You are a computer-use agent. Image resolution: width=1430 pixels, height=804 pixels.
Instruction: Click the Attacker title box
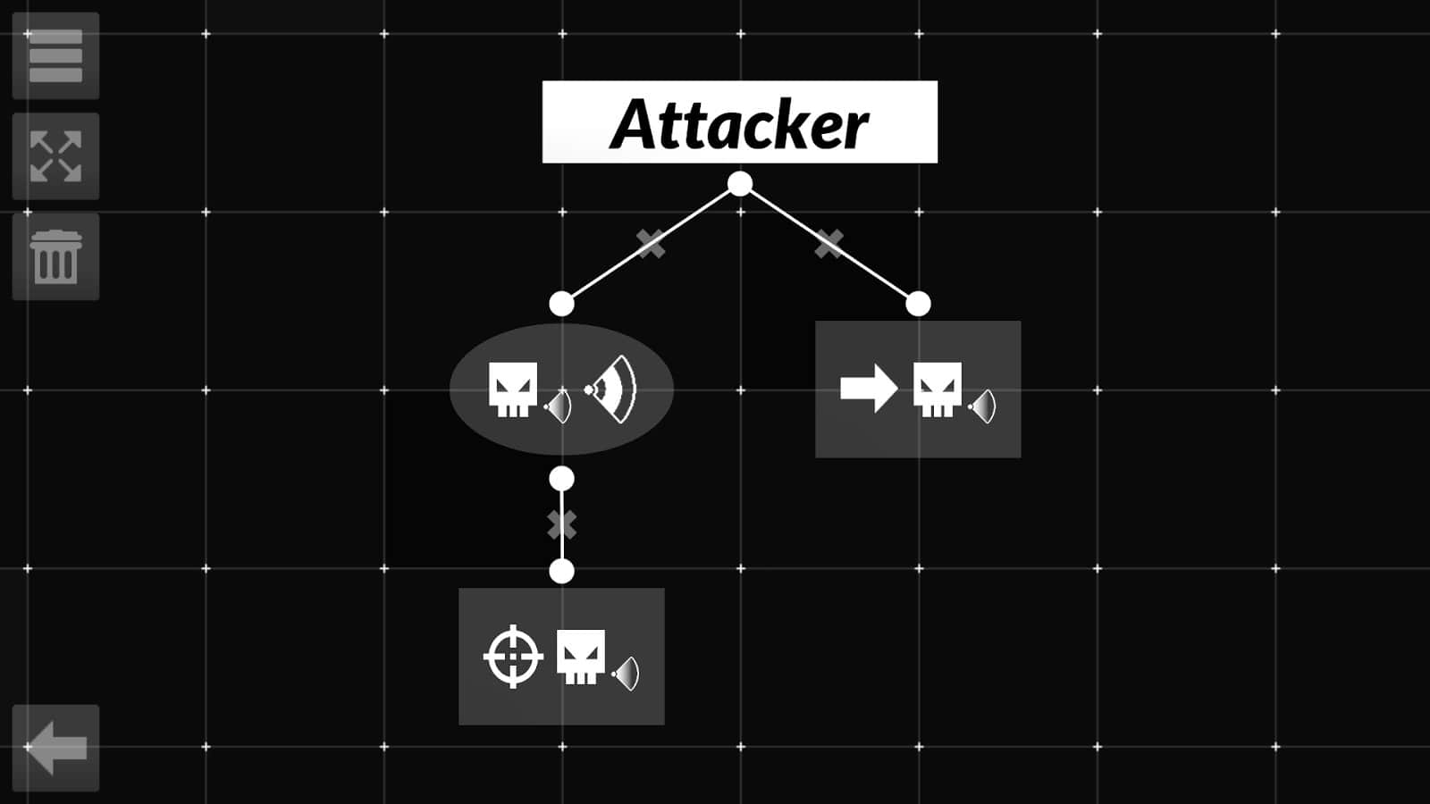(x=739, y=122)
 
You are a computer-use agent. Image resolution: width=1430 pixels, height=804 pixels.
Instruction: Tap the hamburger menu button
(x=55, y=55)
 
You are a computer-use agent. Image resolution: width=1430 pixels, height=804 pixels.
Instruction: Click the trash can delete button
(x=55, y=256)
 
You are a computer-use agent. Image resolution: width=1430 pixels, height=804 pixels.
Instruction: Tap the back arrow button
(x=55, y=748)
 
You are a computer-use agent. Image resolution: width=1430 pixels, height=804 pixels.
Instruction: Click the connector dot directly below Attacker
(x=740, y=184)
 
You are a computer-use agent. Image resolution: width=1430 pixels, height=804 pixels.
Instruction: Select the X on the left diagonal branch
(x=651, y=243)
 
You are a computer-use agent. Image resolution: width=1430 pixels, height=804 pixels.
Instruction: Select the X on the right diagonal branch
(x=829, y=243)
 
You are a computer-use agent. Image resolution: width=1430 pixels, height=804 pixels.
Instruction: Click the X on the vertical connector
(x=561, y=524)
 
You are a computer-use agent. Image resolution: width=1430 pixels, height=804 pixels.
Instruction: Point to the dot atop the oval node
(x=561, y=304)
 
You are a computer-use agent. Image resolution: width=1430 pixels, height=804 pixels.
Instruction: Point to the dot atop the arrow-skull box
(x=918, y=304)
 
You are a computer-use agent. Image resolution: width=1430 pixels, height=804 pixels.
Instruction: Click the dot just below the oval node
(x=561, y=479)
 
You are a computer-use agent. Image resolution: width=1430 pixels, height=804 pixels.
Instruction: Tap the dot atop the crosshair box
(x=561, y=571)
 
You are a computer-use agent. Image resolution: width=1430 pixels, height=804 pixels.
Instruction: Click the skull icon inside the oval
(x=513, y=389)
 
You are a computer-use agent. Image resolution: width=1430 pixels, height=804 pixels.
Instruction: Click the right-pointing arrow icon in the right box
(x=868, y=389)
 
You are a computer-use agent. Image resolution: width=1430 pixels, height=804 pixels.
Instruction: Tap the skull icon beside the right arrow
(x=937, y=389)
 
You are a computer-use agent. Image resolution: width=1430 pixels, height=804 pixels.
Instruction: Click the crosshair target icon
(x=513, y=657)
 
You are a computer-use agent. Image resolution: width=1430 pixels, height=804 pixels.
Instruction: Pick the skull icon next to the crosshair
(x=580, y=657)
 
